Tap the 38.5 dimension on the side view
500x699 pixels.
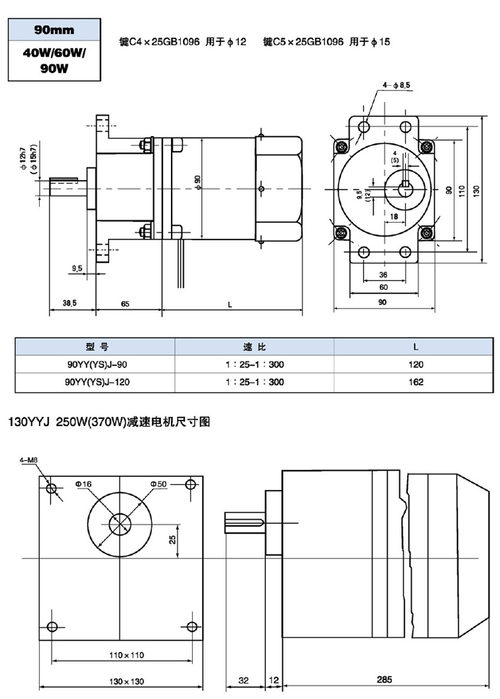coord(70,303)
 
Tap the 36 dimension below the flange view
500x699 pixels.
coord(382,274)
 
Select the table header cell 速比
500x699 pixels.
coord(254,347)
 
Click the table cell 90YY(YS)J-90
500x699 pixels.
coord(95,364)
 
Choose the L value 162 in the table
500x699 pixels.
coord(416,382)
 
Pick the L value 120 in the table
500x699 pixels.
coord(416,364)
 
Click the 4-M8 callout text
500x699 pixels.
coord(29,460)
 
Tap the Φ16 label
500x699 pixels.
coord(83,483)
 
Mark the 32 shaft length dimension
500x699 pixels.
coord(244,679)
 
